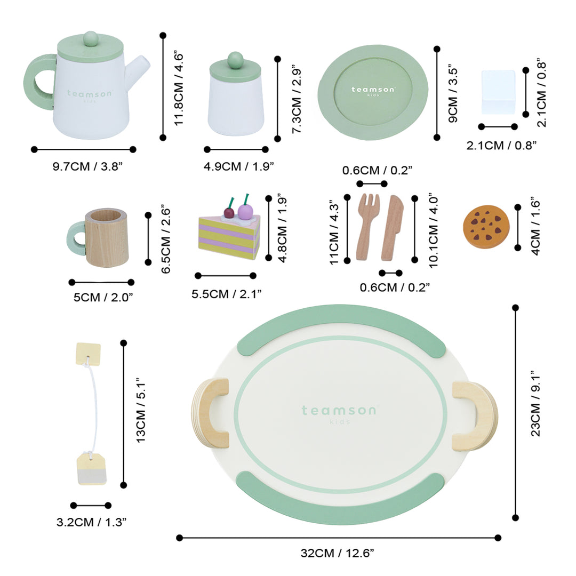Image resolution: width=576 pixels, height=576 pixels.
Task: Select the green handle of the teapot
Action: click(38, 82)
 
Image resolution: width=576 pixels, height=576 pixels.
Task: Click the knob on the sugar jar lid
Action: click(235, 59)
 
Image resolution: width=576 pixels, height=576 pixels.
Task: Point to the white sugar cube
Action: click(498, 92)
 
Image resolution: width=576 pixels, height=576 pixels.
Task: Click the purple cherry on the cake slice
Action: click(244, 212)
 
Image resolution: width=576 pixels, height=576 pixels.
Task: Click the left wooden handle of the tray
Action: click(210, 413)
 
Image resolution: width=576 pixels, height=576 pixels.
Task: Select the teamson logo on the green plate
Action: click(373, 91)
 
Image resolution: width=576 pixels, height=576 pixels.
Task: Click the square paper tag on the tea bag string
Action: click(88, 353)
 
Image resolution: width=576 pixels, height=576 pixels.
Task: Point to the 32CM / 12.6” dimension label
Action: click(337, 553)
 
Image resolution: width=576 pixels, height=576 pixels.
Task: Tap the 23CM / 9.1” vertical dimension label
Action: click(535, 403)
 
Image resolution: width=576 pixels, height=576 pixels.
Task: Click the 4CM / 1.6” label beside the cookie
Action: click(535, 226)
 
